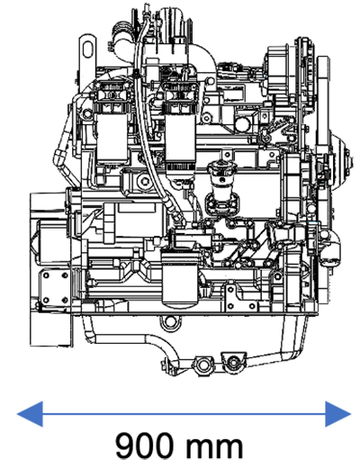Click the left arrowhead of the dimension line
tap(30, 414)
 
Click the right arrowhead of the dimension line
tap(338, 414)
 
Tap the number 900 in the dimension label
tap(145, 445)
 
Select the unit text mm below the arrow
tap(213, 448)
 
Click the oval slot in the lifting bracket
tap(87, 49)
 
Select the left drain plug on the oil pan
tap(204, 365)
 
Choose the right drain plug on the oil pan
tap(233, 362)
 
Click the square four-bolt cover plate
tap(56, 287)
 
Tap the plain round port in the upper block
tap(242, 123)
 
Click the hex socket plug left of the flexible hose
tap(146, 181)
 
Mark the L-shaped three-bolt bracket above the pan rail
tap(240, 297)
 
